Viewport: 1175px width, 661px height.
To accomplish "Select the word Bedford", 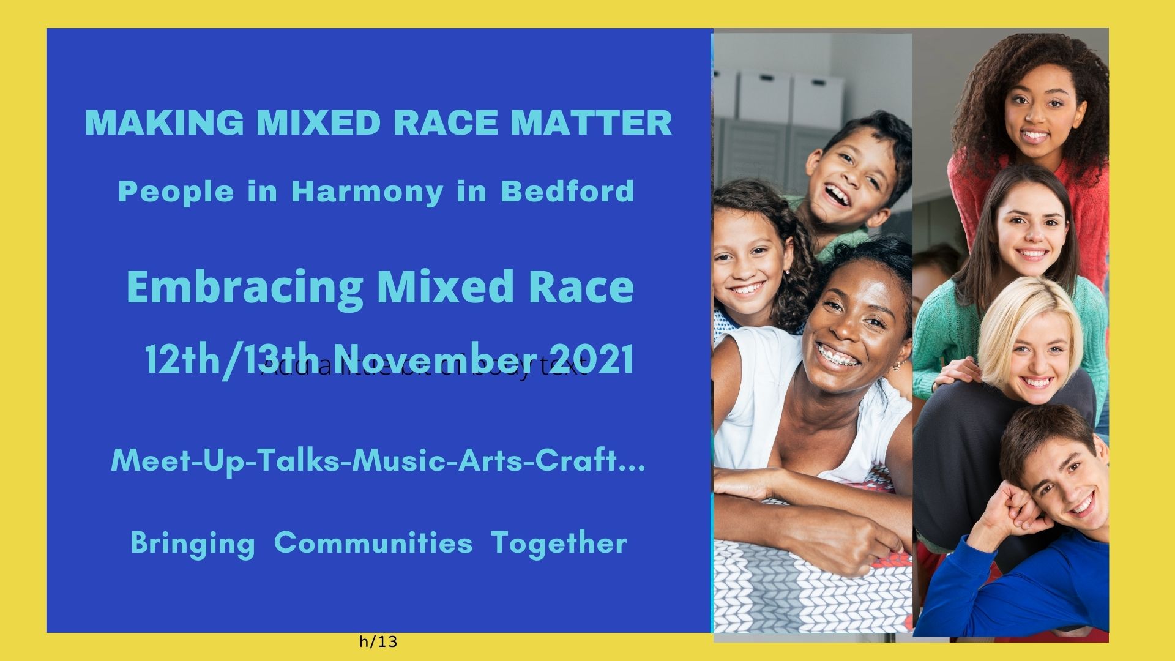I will click(567, 192).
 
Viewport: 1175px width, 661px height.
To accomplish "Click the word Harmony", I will click(367, 192).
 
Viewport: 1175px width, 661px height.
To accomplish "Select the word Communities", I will click(373, 543).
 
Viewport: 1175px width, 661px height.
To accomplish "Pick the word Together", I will click(559, 543).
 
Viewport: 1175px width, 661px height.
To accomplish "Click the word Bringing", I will click(193, 543).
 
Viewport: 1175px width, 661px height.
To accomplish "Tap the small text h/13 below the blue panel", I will click(378, 642).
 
